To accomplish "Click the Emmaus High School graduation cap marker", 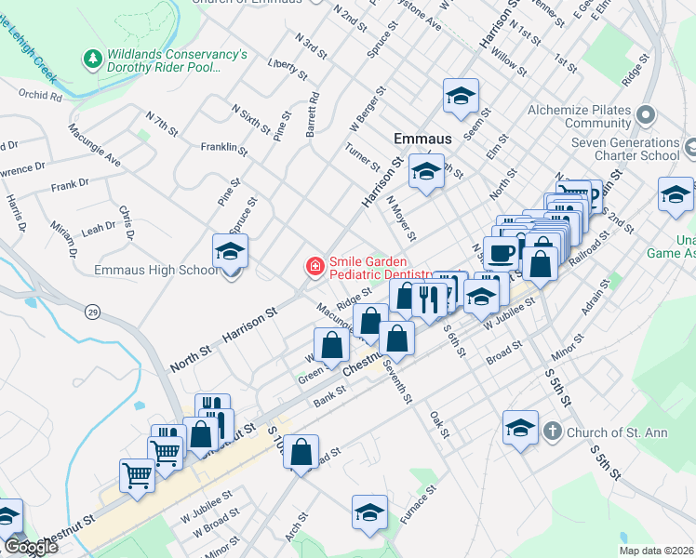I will pyautogui.click(x=230, y=252).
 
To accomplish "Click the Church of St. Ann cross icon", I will pyautogui.click(x=552, y=432).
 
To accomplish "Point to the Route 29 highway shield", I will pyautogui.click(x=92, y=310).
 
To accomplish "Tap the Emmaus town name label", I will pyautogui.click(x=422, y=138).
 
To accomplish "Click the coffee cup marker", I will pyautogui.click(x=502, y=253).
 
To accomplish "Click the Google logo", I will pyautogui.click(x=30, y=547).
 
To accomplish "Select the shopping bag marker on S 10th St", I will pyautogui.click(x=301, y=453).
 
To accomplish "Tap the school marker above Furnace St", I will pyautogui.click(x=369, y=512).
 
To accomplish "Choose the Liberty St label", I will pyautogui.click(x=287, y=66).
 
